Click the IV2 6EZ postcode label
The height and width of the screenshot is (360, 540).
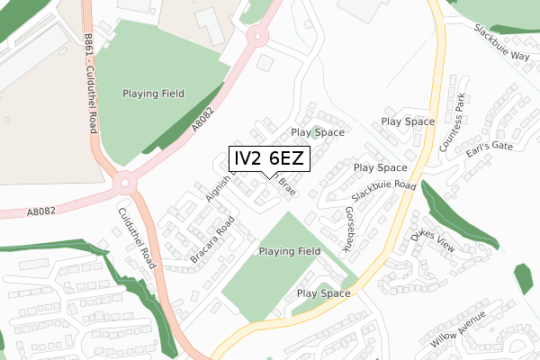[x=270, y=159]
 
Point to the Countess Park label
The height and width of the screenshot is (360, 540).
[x=451, y=124]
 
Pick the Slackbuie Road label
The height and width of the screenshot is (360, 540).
[x=383, y=191]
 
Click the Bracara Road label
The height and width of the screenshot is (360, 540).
[x=212, y=240]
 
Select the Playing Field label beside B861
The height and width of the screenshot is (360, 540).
[x=155, y=94]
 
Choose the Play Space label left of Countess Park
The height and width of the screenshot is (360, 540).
[x=408, y=121]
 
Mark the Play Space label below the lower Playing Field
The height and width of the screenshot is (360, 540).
[x=323, y=293]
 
